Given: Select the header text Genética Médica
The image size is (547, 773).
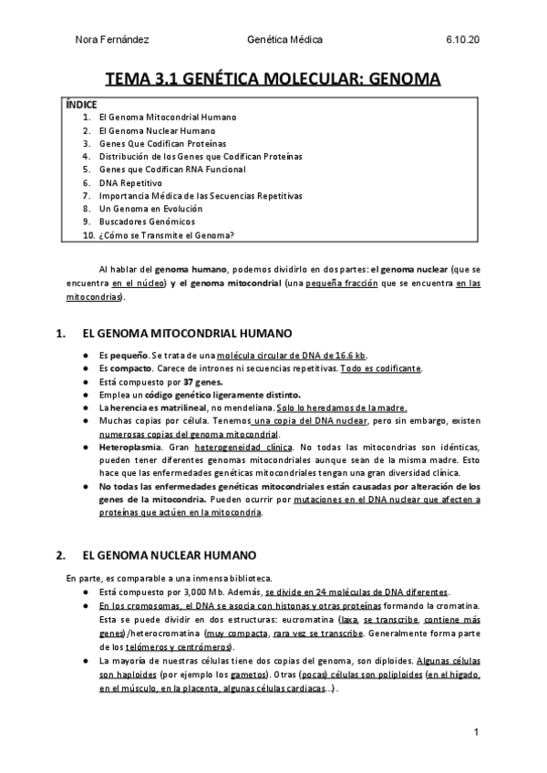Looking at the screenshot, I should pos(284,40).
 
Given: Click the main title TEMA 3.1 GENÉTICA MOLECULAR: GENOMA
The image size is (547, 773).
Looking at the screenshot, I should pos(273,79).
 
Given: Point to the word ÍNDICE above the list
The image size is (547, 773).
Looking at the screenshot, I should pos(82,105).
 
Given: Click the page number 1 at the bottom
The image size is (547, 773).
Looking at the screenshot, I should pos(477,733).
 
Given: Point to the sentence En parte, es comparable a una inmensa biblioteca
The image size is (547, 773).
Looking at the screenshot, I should pos(170,578).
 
